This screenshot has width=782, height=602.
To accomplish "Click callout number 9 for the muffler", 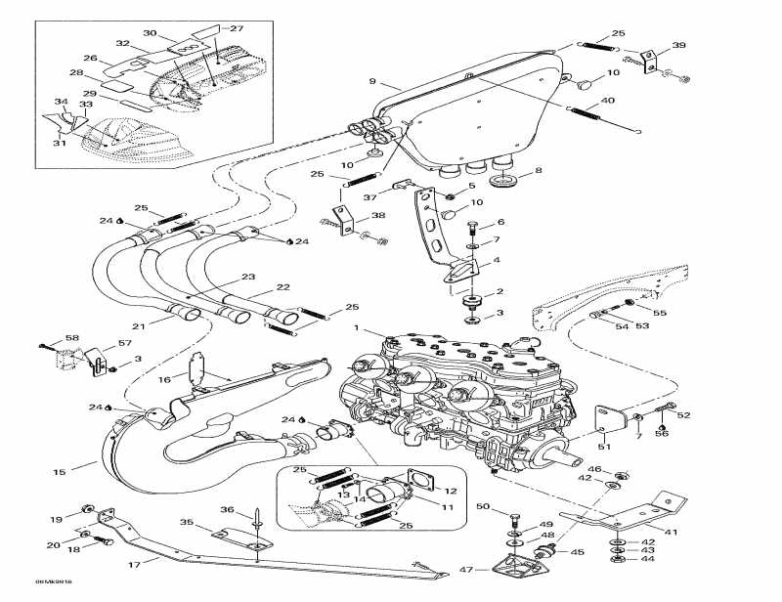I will click(x=372, y=81).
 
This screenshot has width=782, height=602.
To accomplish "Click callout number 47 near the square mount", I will click(x=466, y=569).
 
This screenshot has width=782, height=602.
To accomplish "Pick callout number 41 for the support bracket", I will click(x=671, y=532).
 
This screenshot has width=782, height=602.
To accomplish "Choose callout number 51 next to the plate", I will click(x=603, y=447).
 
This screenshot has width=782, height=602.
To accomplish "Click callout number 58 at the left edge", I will click(x=71, y=338).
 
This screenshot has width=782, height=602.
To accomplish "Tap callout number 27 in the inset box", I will click(x=236, y=28).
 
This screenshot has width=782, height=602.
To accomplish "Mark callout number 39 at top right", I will click(x=679, y=45).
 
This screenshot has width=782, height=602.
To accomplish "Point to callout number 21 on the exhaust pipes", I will click(x=138, y=326).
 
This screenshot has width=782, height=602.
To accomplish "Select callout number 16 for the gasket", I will click(x=164, y=379).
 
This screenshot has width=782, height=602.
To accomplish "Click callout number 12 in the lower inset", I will click(x=450, y=490).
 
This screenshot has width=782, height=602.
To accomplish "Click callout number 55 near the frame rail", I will click(x=659, y=313).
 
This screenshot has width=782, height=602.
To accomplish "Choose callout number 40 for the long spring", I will click(x=607, y=101).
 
